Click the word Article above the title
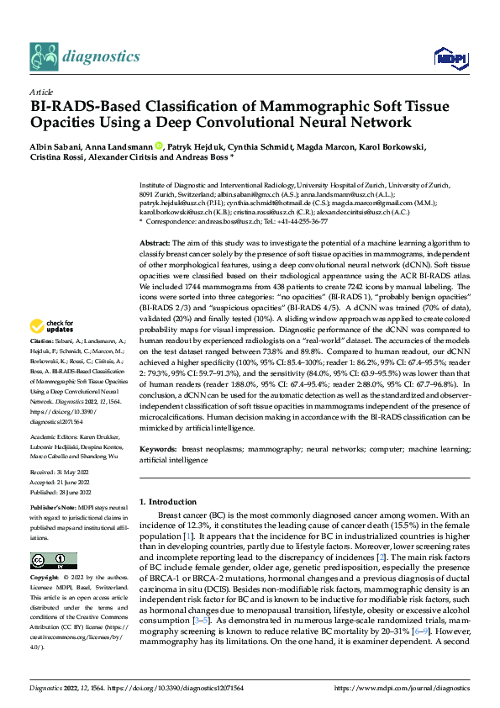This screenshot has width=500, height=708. (x=40, y=92)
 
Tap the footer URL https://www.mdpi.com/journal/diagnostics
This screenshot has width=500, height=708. (x=403, y=687)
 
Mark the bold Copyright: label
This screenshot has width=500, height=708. (x=45, y=580)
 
